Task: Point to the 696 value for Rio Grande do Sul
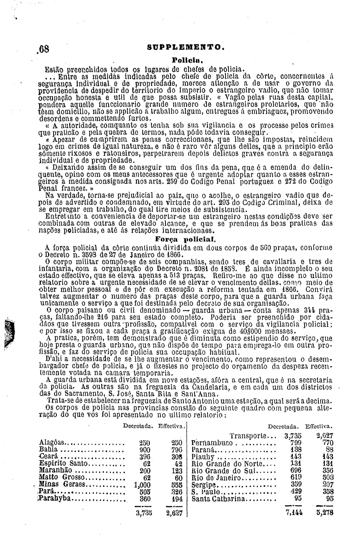click(295, 470)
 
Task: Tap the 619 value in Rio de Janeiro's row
click(295, 477)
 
